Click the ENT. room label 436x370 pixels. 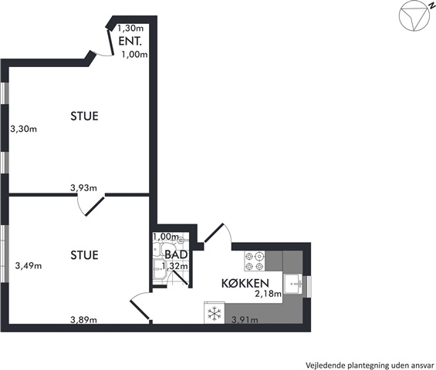pyautogui.click(x=130, y=41)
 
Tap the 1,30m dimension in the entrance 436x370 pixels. pyautogui.click(x=130, y=28)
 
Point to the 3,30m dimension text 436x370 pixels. pyautogui.click(x=24, y=129)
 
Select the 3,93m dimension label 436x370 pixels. pyautogui.click(x=83, y=188)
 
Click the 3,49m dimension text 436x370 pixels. pyautogui.click(x=29, y=266)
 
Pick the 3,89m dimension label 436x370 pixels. pyautogui.click(x=83, y=320)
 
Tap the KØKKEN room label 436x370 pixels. pyautogui.click(x=245, y=283)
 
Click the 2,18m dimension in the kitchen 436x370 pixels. pyautogui.click(x=269, y=294)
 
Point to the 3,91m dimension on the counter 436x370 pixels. pyautogui.click(x=245, y=320)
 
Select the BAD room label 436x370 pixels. pyautogui.click(x=176, y=254)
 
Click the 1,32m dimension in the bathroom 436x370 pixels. pyautogui.click(x=175, y=266)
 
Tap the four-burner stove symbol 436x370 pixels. pyautogui.click(x=255, y=261)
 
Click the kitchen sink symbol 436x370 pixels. pyautogui.click(x=292, y=284)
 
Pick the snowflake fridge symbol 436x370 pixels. pyautogui.click(x=215, y=313)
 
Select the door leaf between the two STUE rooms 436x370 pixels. pyautogui.click(x=95, y=207)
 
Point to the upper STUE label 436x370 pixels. pyautogui.click(x=84, y=116)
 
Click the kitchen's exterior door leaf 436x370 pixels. pyautogui.click(x=214, y=233)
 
